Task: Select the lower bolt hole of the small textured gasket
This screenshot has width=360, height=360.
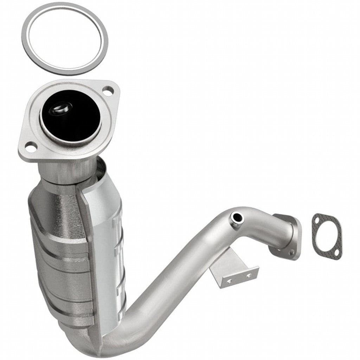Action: click(336, 252)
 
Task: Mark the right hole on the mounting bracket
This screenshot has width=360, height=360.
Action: click(249, 275)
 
